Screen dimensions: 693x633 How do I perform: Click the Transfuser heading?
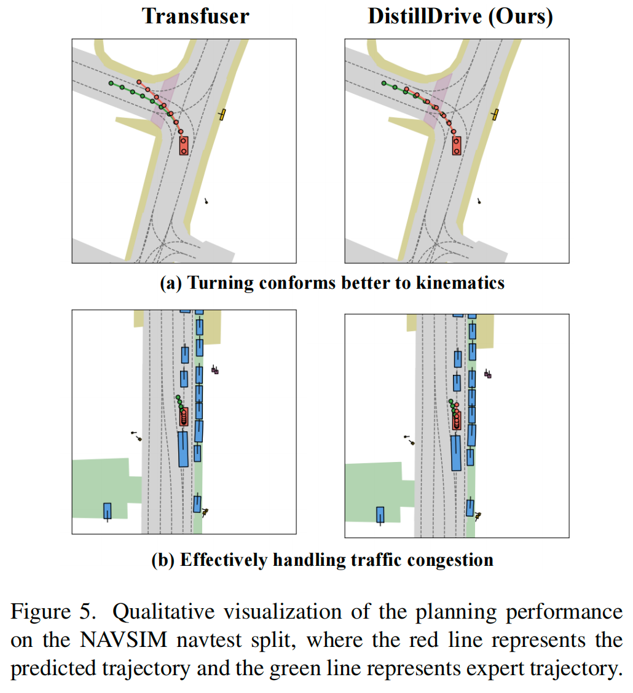point(195,16)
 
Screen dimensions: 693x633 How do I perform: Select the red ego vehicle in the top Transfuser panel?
point(183,146)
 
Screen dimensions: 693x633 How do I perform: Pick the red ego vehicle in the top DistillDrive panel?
point(457,145)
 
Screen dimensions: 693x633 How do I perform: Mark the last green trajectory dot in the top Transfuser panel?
point(111,83)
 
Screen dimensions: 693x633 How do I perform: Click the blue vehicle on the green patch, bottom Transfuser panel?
point(108,511)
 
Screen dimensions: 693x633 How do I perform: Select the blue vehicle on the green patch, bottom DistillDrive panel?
point(380,515)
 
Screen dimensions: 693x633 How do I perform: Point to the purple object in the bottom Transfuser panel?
point(215,370)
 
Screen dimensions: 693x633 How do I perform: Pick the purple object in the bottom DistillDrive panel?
point(488,374)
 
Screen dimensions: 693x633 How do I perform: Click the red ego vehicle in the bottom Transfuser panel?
point(184,416)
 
